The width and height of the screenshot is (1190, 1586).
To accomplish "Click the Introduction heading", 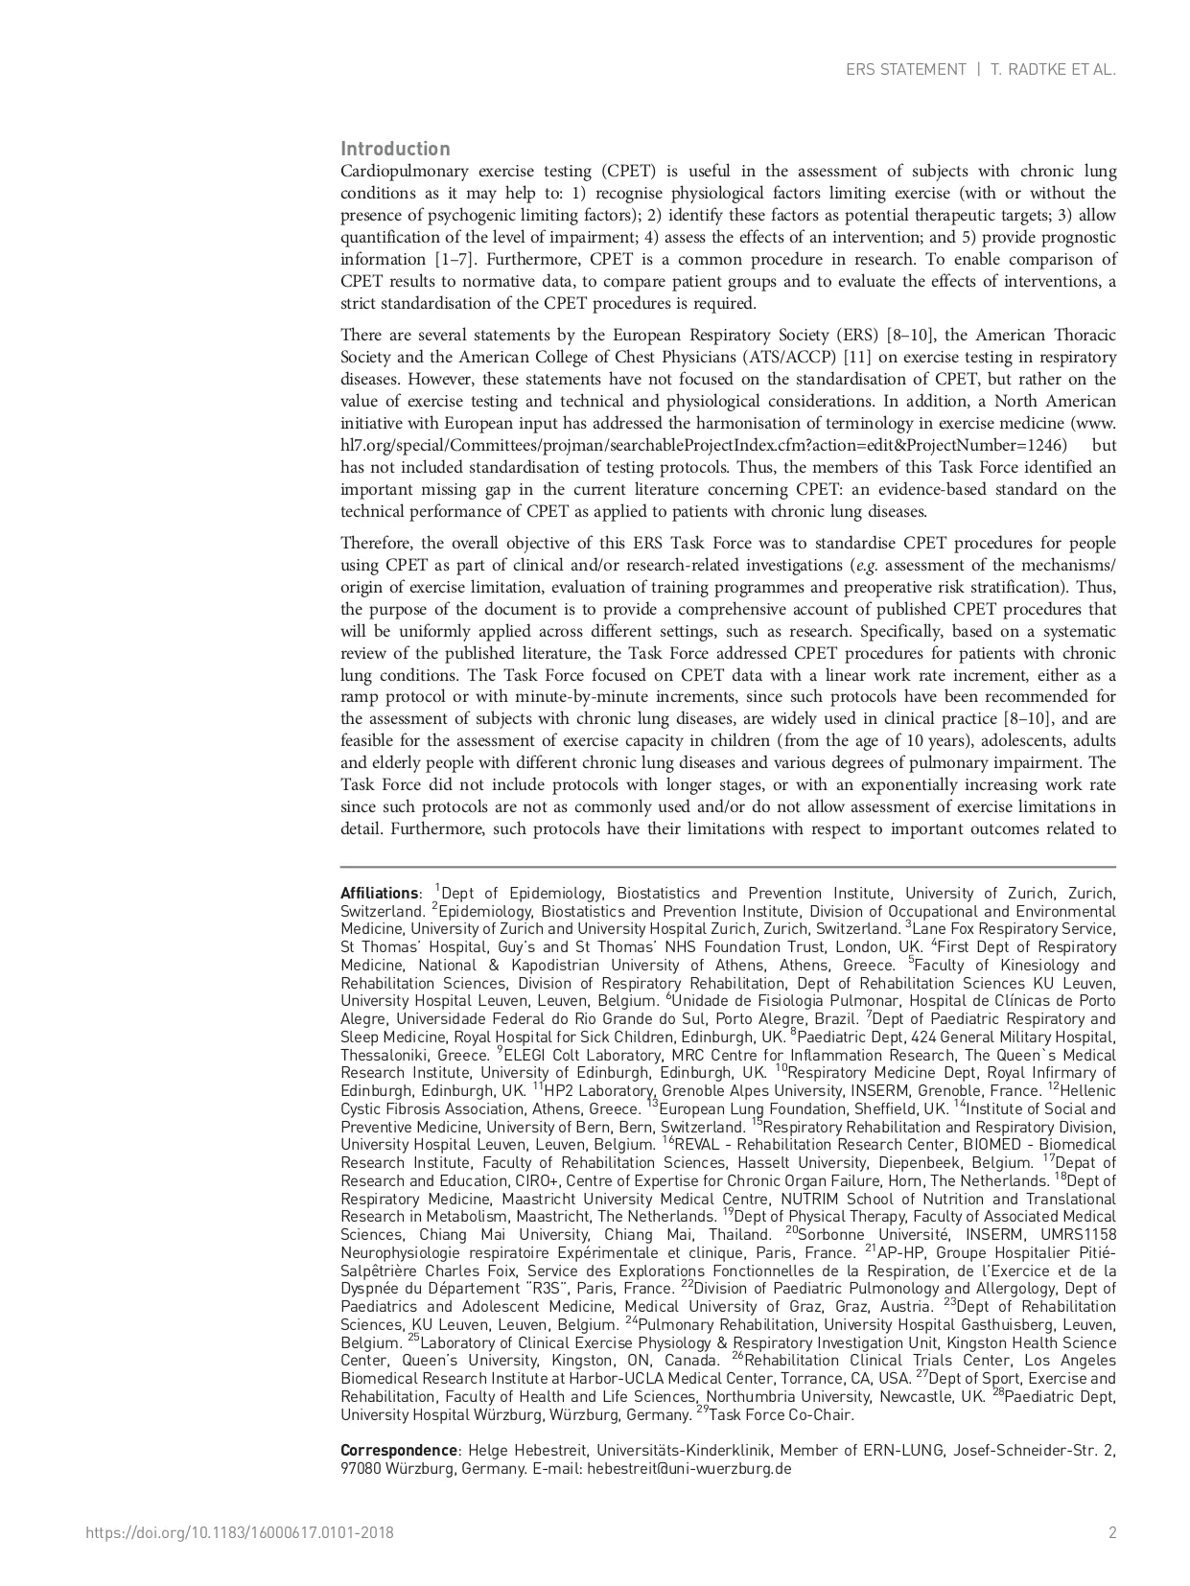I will click(395, 149).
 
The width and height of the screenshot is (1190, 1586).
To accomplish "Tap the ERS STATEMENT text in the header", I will click(905, 70).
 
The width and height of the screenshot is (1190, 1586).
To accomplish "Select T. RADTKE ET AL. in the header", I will click(1054, 70).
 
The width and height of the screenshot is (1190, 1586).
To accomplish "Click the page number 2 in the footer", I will click(1112, 1532).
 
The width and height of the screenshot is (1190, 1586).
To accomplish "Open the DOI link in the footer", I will click(240, 1532).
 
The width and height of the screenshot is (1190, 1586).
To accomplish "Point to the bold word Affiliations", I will click(379, 893).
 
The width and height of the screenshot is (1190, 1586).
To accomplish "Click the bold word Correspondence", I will click(399, 1450).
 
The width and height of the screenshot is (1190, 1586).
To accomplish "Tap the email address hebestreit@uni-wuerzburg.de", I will click(689, 1468).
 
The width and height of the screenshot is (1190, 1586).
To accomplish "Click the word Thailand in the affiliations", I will click(740, 1234).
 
